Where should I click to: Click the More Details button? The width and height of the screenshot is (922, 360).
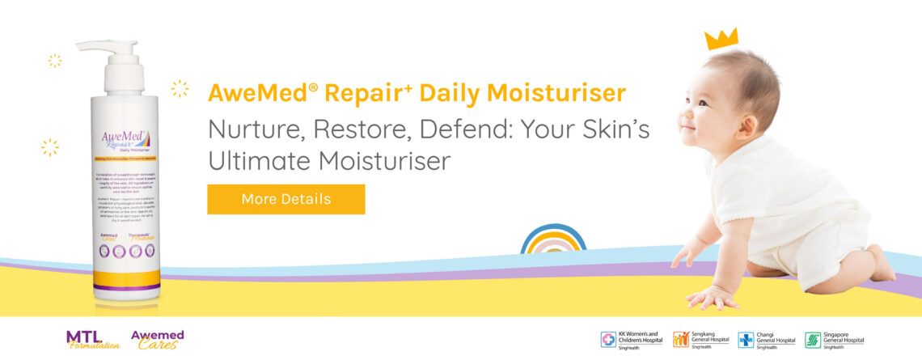pyautogui.click(x=285, y=199)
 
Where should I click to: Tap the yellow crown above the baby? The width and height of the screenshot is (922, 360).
pyautogui.click(x=721, y=39)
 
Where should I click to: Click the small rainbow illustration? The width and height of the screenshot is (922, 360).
pyautogui.click(x=552, y=240)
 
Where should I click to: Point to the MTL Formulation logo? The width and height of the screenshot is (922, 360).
pyautogui.click(x=92, y=339)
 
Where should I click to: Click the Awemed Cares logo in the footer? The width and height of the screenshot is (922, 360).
pyautogui.click(x=157, y=339)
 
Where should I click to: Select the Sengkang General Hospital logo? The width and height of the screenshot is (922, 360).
pyautogui.click(x=700, y=339)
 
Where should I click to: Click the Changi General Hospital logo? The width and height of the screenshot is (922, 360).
pyautogui.click(x=766, y=339)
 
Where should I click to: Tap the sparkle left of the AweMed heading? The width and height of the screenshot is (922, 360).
pyautogui.click(x=180, y=88)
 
